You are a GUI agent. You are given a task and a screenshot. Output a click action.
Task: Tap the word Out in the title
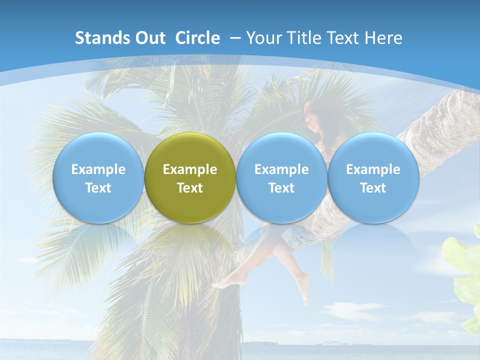149,38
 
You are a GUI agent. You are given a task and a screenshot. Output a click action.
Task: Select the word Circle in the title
197,38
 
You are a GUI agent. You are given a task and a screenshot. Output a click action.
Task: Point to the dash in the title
235,38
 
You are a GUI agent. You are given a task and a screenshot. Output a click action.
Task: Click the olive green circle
190,177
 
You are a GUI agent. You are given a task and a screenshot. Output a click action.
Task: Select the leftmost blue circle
98,177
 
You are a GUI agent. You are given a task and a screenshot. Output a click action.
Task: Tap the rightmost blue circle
373,177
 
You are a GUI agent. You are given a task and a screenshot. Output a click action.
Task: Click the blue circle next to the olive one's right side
281,177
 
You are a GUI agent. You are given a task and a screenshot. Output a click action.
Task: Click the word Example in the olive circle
190,169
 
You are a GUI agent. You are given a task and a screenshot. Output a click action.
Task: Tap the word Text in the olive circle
190,188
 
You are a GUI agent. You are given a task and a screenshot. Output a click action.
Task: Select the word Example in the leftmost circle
98,169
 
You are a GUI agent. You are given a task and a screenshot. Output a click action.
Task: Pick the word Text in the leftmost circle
98,188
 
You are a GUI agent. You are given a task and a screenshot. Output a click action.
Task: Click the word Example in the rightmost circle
373,169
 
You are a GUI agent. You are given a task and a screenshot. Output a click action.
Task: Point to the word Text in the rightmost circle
373,188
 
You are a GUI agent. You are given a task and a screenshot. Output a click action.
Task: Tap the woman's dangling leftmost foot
220,284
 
